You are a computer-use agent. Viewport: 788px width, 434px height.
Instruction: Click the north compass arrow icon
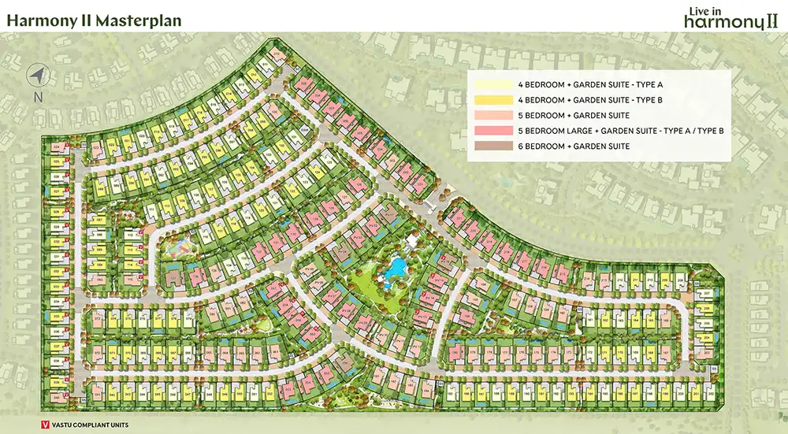(x=37, y=76)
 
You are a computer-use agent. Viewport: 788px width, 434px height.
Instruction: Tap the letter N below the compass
(x=37, y=98)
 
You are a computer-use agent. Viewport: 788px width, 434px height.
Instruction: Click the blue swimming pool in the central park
(x=394, y=269)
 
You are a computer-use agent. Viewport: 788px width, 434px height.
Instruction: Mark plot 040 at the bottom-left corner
(x=58, y=394)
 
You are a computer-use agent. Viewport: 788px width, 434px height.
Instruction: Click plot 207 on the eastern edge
(x=707, y=293)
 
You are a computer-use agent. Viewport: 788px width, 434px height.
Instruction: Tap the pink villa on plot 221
(x=460, y=221)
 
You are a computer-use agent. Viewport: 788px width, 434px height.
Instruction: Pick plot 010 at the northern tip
(x=277, y=55)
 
